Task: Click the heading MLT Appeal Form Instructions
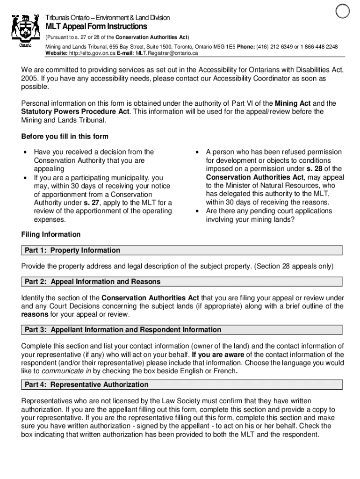tap(96, 27)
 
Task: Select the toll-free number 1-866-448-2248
tap(319, 47)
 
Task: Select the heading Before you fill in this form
tap(65, 137)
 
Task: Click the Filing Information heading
tap(50, 234)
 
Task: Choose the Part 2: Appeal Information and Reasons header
tap(93, 282)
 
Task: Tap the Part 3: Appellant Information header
tap(123, 330)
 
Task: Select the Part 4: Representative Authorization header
tap(86, 385)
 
